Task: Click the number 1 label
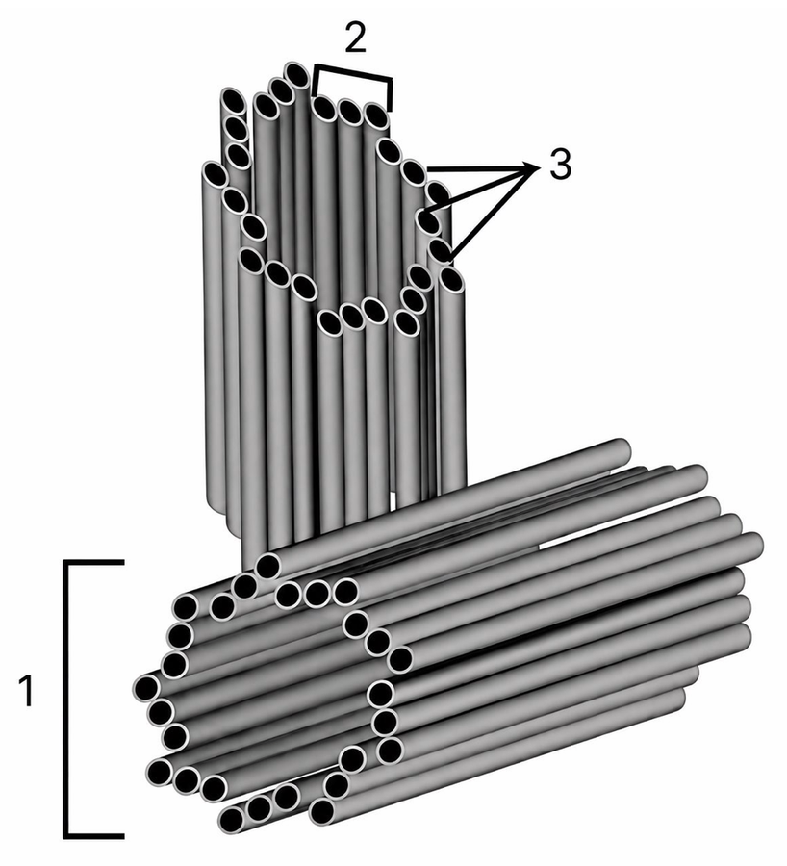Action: [26, 690]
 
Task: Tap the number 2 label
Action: [355, 38]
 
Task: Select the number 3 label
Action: [560, 165]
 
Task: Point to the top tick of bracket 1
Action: [94, 563]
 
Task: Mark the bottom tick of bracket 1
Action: [94, 834]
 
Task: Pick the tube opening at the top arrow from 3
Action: [414, 172]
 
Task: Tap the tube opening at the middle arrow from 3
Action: [428, 222]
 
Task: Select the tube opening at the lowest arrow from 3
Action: [441, 250]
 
